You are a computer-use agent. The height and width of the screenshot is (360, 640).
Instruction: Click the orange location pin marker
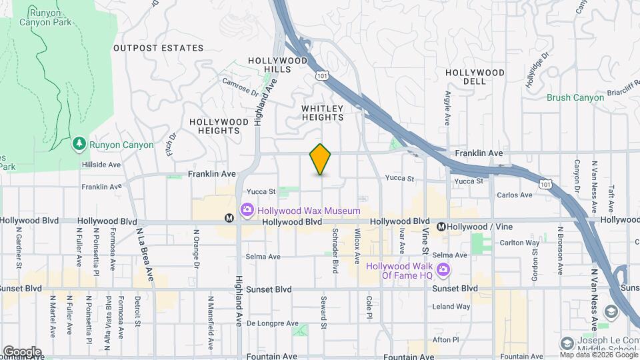321,159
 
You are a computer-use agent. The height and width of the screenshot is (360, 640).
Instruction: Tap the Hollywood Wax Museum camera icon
247,211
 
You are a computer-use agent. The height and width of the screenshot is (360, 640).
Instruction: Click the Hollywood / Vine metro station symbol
441,227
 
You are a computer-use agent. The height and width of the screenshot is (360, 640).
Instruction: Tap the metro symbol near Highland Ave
229,217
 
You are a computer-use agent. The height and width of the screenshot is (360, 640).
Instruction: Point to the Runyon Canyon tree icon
79,144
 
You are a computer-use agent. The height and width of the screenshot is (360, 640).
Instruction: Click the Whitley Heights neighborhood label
323,113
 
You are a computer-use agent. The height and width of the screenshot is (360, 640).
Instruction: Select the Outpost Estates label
158,48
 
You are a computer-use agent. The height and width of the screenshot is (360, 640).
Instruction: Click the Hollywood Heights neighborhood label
215,126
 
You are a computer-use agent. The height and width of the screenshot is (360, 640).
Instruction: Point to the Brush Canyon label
575,97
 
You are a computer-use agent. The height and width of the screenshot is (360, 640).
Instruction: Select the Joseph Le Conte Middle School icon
567,343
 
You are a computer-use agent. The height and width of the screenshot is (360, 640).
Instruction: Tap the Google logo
22,351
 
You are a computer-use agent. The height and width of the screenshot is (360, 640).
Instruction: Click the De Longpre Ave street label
273,323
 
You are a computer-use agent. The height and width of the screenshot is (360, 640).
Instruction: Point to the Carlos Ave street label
515,195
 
